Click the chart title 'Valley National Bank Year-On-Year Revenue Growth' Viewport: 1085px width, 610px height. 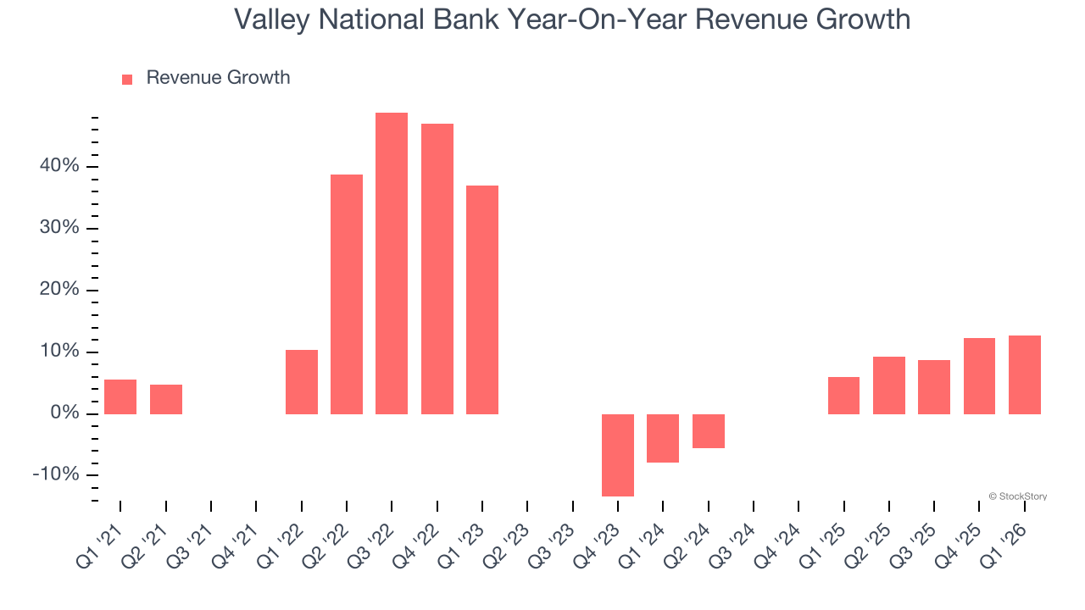(572, 19)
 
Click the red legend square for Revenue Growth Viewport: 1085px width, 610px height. (127, 79)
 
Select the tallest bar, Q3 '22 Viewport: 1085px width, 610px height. (392, 263)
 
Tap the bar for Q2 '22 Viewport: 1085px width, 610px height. (347, 294)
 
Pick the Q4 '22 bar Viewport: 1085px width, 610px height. (437, 269)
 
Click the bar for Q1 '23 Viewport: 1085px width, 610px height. (482, 299)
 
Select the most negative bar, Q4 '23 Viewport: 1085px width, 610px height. (618, 455)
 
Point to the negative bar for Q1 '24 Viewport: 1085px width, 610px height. (663, 438)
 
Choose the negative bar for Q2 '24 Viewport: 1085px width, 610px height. (709, 430)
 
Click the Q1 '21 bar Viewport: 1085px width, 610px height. (120, 396)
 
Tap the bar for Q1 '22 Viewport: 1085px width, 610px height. (302, 381)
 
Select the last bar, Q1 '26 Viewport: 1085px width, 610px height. (1025, 374)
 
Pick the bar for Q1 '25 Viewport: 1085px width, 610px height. (843, 395)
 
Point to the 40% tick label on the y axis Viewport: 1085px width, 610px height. (58, 166)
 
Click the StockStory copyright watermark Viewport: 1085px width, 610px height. (1017, 496)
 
